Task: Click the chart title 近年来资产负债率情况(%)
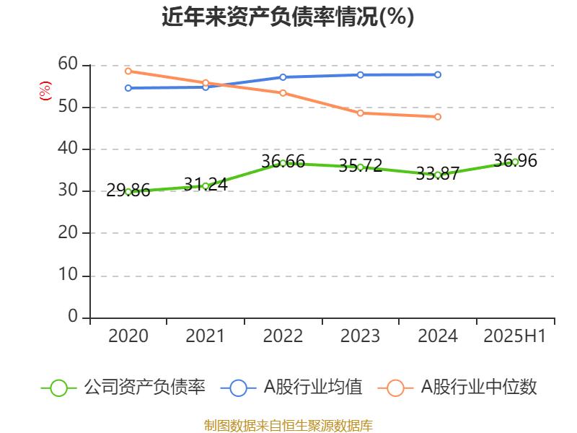click(x=288, y=17)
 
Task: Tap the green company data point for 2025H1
click(x=515, y=162)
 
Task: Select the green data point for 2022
click(x=283, y=163)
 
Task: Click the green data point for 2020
click(x=128, y=192)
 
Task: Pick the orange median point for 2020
click(x=128, y=71)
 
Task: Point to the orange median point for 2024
click(x=438, y=117)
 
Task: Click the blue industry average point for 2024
click(x=438, y=74)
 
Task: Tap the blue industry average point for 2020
click(x=128, y=88)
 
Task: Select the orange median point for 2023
click(x=360, y=113)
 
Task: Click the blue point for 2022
click(x=283, y=77)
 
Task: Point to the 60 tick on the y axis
click(x=68, y=64)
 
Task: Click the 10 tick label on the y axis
click(x=68, y=275)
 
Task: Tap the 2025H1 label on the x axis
click(x=515, y=336)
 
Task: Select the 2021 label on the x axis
click(x=206, y=336)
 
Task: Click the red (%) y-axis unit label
click(x=45, y=91)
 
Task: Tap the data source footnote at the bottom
click(x=288, y=425)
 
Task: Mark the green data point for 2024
click(x=438, y=175)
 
